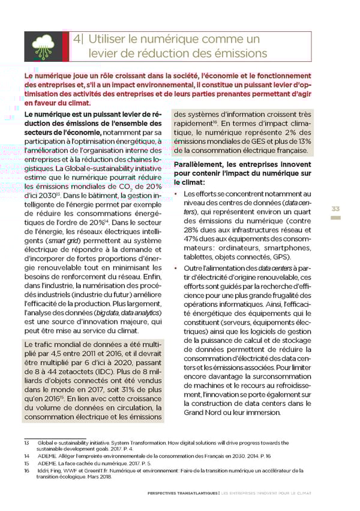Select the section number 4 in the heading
pos(77,40)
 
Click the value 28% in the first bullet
pos(195,230)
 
